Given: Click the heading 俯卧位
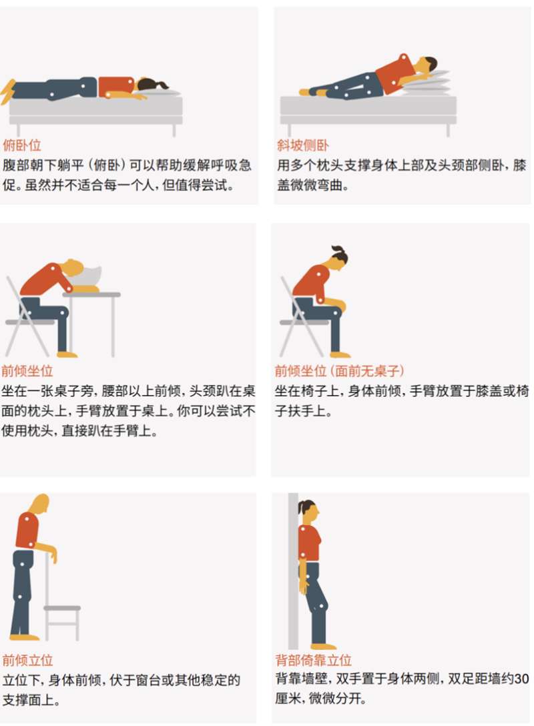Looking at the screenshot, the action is [x=22, y=145].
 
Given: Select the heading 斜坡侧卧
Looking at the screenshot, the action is [x=303, y=145].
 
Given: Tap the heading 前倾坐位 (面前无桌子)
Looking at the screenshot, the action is [x=340, y=371].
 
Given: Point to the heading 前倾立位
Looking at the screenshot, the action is [x=27, y=660].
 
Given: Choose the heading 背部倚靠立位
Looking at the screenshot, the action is [x=314, y=660].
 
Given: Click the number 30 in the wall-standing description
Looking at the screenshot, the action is [x=521, y=679].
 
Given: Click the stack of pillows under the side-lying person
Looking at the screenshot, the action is [x=429, y=84].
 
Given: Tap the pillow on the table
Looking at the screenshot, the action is [x=88, y=277].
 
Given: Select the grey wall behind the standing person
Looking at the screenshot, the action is [x=293, y=571].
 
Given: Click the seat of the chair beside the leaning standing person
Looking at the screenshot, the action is [x=62, y=608].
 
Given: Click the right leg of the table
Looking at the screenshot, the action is [x=113, y=326].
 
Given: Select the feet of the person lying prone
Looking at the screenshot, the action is [x=8, y=91].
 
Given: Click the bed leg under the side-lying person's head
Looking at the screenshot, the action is [x=448, y=130].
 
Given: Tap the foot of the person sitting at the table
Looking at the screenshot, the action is [x=67, y=355].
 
